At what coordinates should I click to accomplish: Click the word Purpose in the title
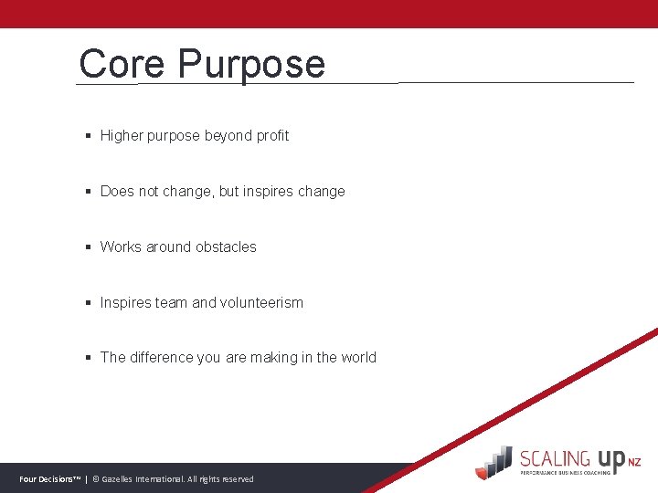coord(251,64)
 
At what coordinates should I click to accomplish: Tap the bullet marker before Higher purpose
coord(88,136)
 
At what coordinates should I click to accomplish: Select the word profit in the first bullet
coord(272,136)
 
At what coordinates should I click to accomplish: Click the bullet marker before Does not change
coord(88,192)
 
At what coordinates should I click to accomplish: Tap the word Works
coord(121,247)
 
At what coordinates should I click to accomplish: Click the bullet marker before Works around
coord(88,247)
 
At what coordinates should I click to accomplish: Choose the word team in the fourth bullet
coord(171,303)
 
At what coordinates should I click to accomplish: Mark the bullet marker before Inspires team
coord(88,303)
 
